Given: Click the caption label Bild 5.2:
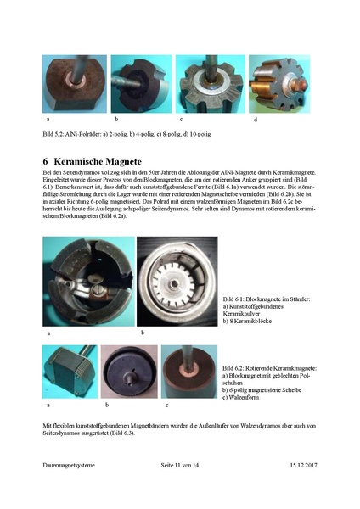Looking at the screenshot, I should point(54,135).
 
